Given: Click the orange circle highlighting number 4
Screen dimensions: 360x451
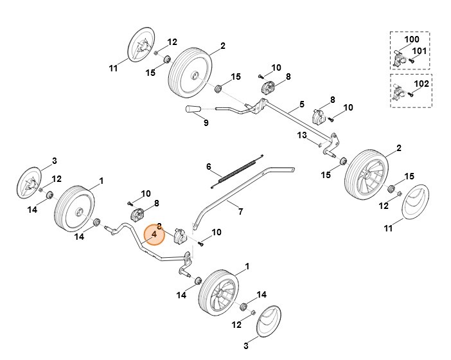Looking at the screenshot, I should tap(154, 235).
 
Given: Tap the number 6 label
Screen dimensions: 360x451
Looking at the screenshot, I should tap(208, 166).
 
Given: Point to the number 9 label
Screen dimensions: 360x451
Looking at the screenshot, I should tap(206, 123).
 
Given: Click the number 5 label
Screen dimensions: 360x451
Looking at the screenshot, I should tap(301, 104).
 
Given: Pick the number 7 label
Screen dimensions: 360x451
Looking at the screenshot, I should tap(240, 211).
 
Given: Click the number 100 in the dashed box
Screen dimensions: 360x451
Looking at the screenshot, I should tap(411, 40).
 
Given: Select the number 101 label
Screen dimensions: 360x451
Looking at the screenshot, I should tap(419, 51).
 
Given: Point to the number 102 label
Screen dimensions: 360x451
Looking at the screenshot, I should tap(420, 83).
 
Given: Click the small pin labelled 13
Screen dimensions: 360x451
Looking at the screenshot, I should tap(319, 144).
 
